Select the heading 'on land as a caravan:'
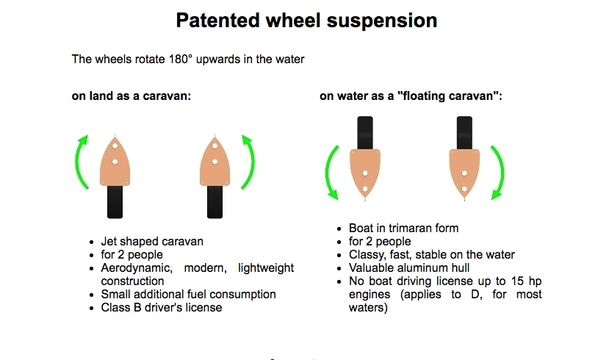click(x=131, y=96)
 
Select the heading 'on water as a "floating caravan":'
click(x=411, y=96)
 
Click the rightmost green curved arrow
click(x=497, y=172)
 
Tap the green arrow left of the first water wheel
click(x=332, y=172)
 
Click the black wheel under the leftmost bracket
click(x=114, y=201)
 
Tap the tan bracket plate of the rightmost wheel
click(x=464, y=170)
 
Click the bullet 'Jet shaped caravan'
click(x=152, y=242)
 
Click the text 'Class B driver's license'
click(x=162, y=308)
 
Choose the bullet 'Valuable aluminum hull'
click(x=409, y=268)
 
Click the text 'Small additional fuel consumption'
click(x=188, y=295)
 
